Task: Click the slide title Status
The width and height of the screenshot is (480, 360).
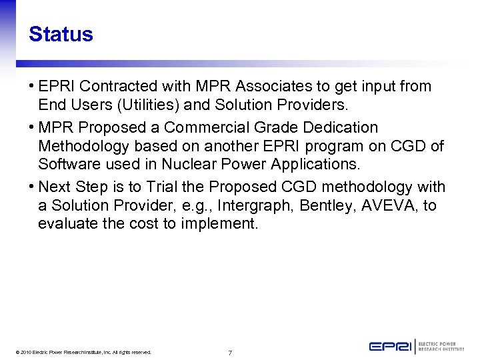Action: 61,34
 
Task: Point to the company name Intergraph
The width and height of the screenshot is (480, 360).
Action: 257,206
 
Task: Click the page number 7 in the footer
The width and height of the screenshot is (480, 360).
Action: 230,352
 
